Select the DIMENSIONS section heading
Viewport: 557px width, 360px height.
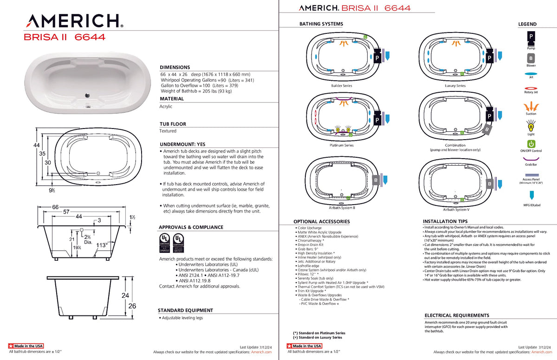[175, 67]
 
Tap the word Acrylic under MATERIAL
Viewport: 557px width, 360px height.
[166, 106]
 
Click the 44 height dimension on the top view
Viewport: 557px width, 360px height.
[37, 145]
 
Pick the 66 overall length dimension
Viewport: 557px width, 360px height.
[55, 207]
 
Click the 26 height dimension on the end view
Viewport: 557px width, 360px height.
[132, 306]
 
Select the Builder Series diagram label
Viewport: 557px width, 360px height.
[341, 86]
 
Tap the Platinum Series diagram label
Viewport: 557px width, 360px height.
[341, 145]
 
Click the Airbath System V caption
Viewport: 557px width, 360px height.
[456, 209]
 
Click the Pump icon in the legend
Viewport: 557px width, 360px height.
[531, 37]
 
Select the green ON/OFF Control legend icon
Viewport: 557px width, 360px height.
[531, 143]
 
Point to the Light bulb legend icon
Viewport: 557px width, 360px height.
[531, 126]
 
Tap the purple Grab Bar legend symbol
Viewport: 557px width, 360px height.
[531, 159]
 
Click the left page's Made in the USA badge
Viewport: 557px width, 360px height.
[26, 346]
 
